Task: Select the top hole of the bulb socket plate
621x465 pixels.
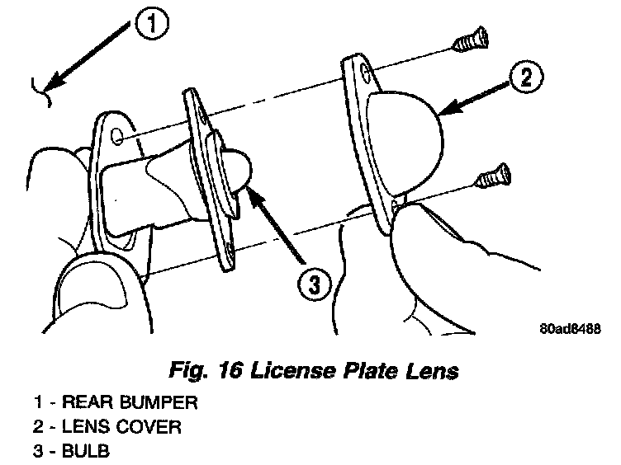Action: [195, 105]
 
